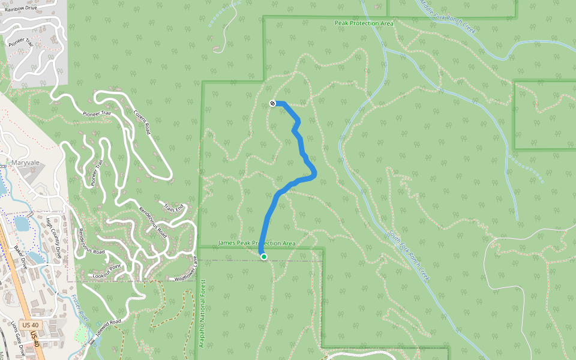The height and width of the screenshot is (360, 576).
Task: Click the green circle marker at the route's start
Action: [263, 257]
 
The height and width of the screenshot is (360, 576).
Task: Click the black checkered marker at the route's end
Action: [273, 103]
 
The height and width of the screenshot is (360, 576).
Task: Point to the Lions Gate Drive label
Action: [18, 338]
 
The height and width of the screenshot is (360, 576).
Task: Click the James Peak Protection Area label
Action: [257, 243]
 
